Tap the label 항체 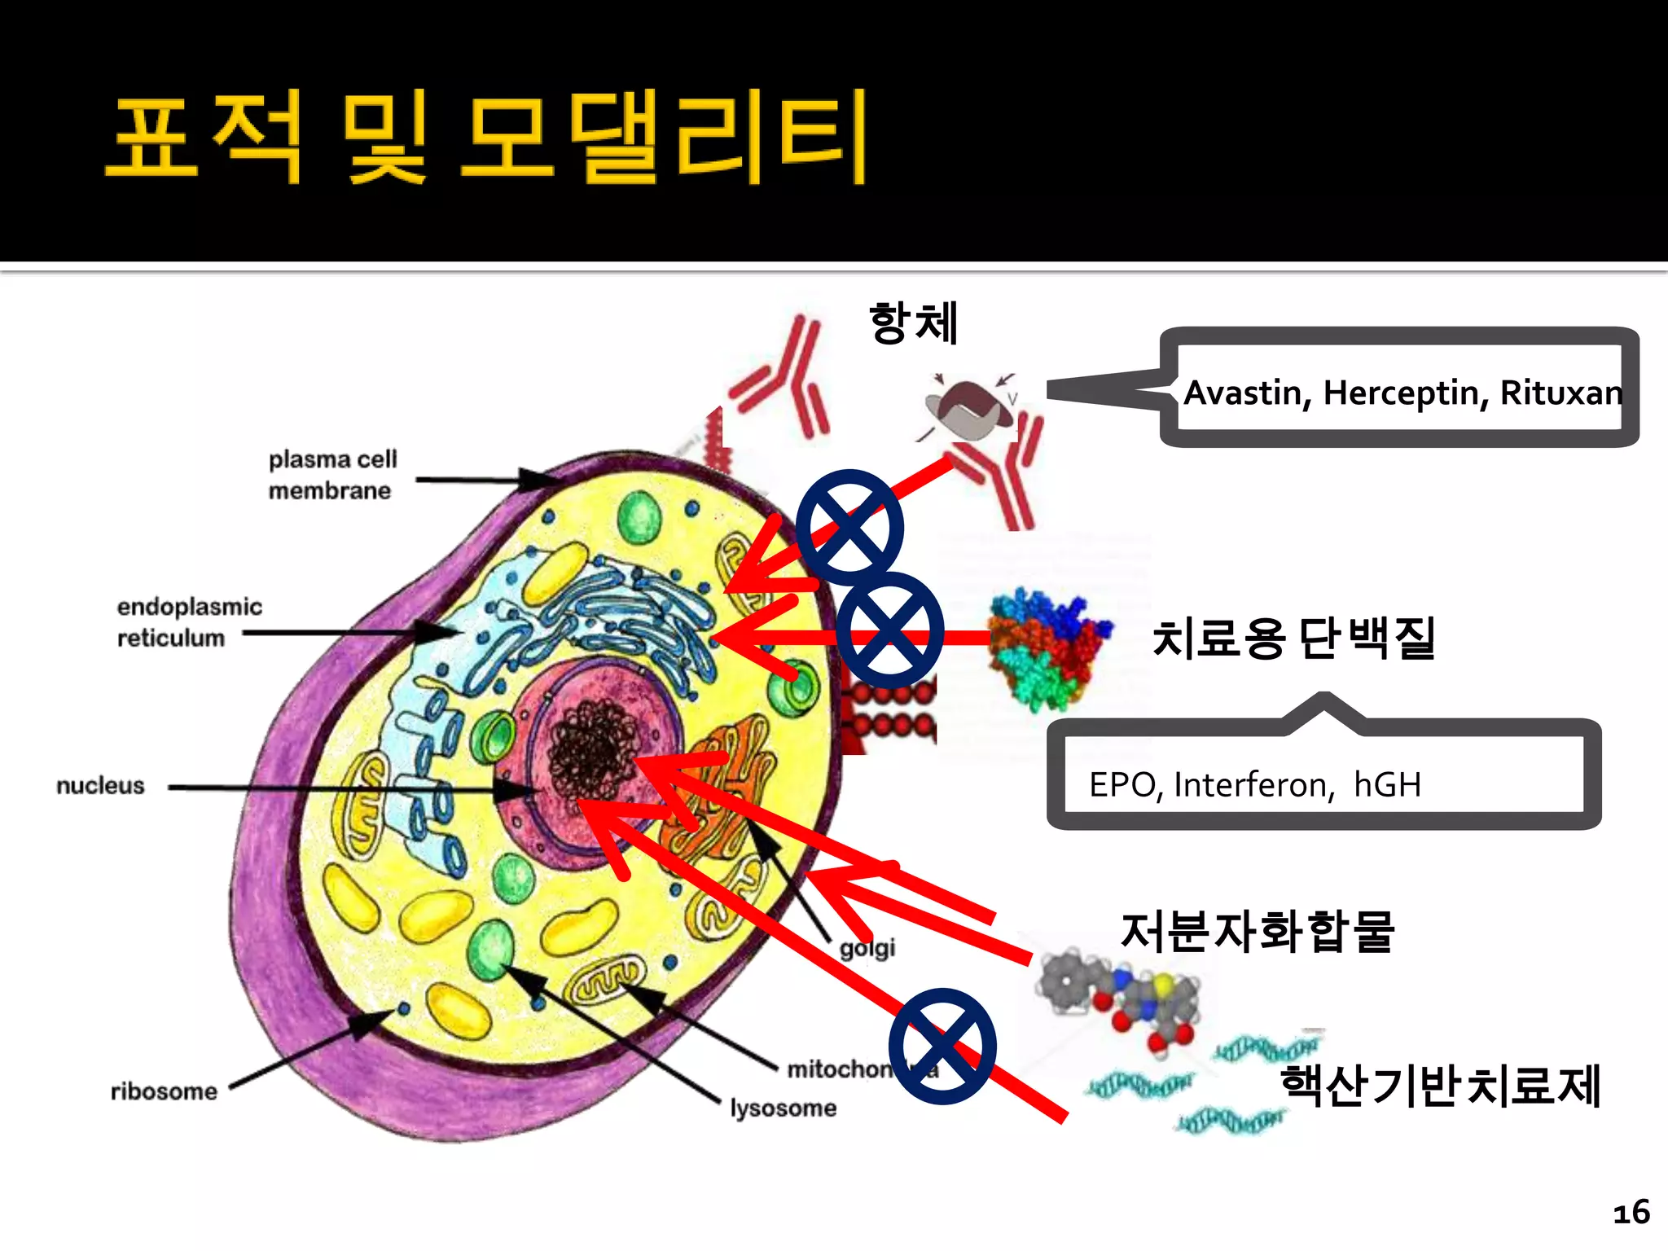point(913,323)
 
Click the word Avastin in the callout point(1246,393)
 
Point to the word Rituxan point(1560,393)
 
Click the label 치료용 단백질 point(1293,638)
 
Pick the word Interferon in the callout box point(1254,785)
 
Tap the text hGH point(1387,785)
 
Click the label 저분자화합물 point(1258,932)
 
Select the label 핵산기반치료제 point(1440,1086)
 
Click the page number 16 point(1631,1213)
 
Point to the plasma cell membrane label point(332,475)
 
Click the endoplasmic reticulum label point(189,622)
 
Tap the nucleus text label point(100,786)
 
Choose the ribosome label point(164,1091)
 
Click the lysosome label point(784,1108)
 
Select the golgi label point(867,948)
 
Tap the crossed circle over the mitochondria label point(942,1047)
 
